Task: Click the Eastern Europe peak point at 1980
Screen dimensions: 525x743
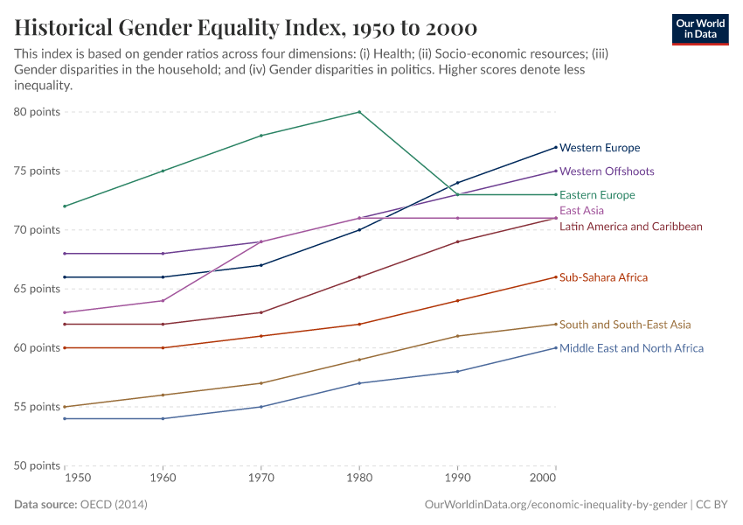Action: pyautogui.click(x=359, y=112)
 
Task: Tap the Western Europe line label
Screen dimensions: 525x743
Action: pyautogui.click(x=600, y=148)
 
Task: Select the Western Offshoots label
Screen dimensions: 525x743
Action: pyautogui.click(x=607, y=171)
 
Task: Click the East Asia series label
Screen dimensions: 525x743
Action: pyautogui.click(x=581, y=211)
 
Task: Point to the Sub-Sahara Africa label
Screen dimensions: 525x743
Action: pyautogui.click(x=603, y=277)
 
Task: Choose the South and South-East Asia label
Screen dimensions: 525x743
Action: pyautogui.click(x=625, y=325)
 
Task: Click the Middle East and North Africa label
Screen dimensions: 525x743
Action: pyautogui.click(x=631, y=348)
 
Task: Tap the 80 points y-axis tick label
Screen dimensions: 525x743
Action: pyautogui.click(x=37, y=112)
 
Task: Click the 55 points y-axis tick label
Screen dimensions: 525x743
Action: pyautogui.click(x=37, y=407)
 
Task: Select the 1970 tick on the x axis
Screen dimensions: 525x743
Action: pyautogui.click(x=260, y=479)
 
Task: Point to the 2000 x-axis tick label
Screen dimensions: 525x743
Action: pyautogui.click(x=544, y=479)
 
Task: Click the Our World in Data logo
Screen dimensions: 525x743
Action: pyautogui.click(x=699, y=29)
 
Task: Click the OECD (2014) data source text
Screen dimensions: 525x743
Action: pyautogui.click(x=114, y=505)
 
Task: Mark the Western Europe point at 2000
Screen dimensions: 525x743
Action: pyautogui.click(x=556, y=147)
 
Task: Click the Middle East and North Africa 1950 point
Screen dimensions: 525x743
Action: pyautogui.click(x=65, y=418)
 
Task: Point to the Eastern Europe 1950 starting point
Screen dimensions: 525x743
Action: pyautogui.click(x=65, y=206)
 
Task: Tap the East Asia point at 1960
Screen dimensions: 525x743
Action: pyautogui.click(x=163, y=301)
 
